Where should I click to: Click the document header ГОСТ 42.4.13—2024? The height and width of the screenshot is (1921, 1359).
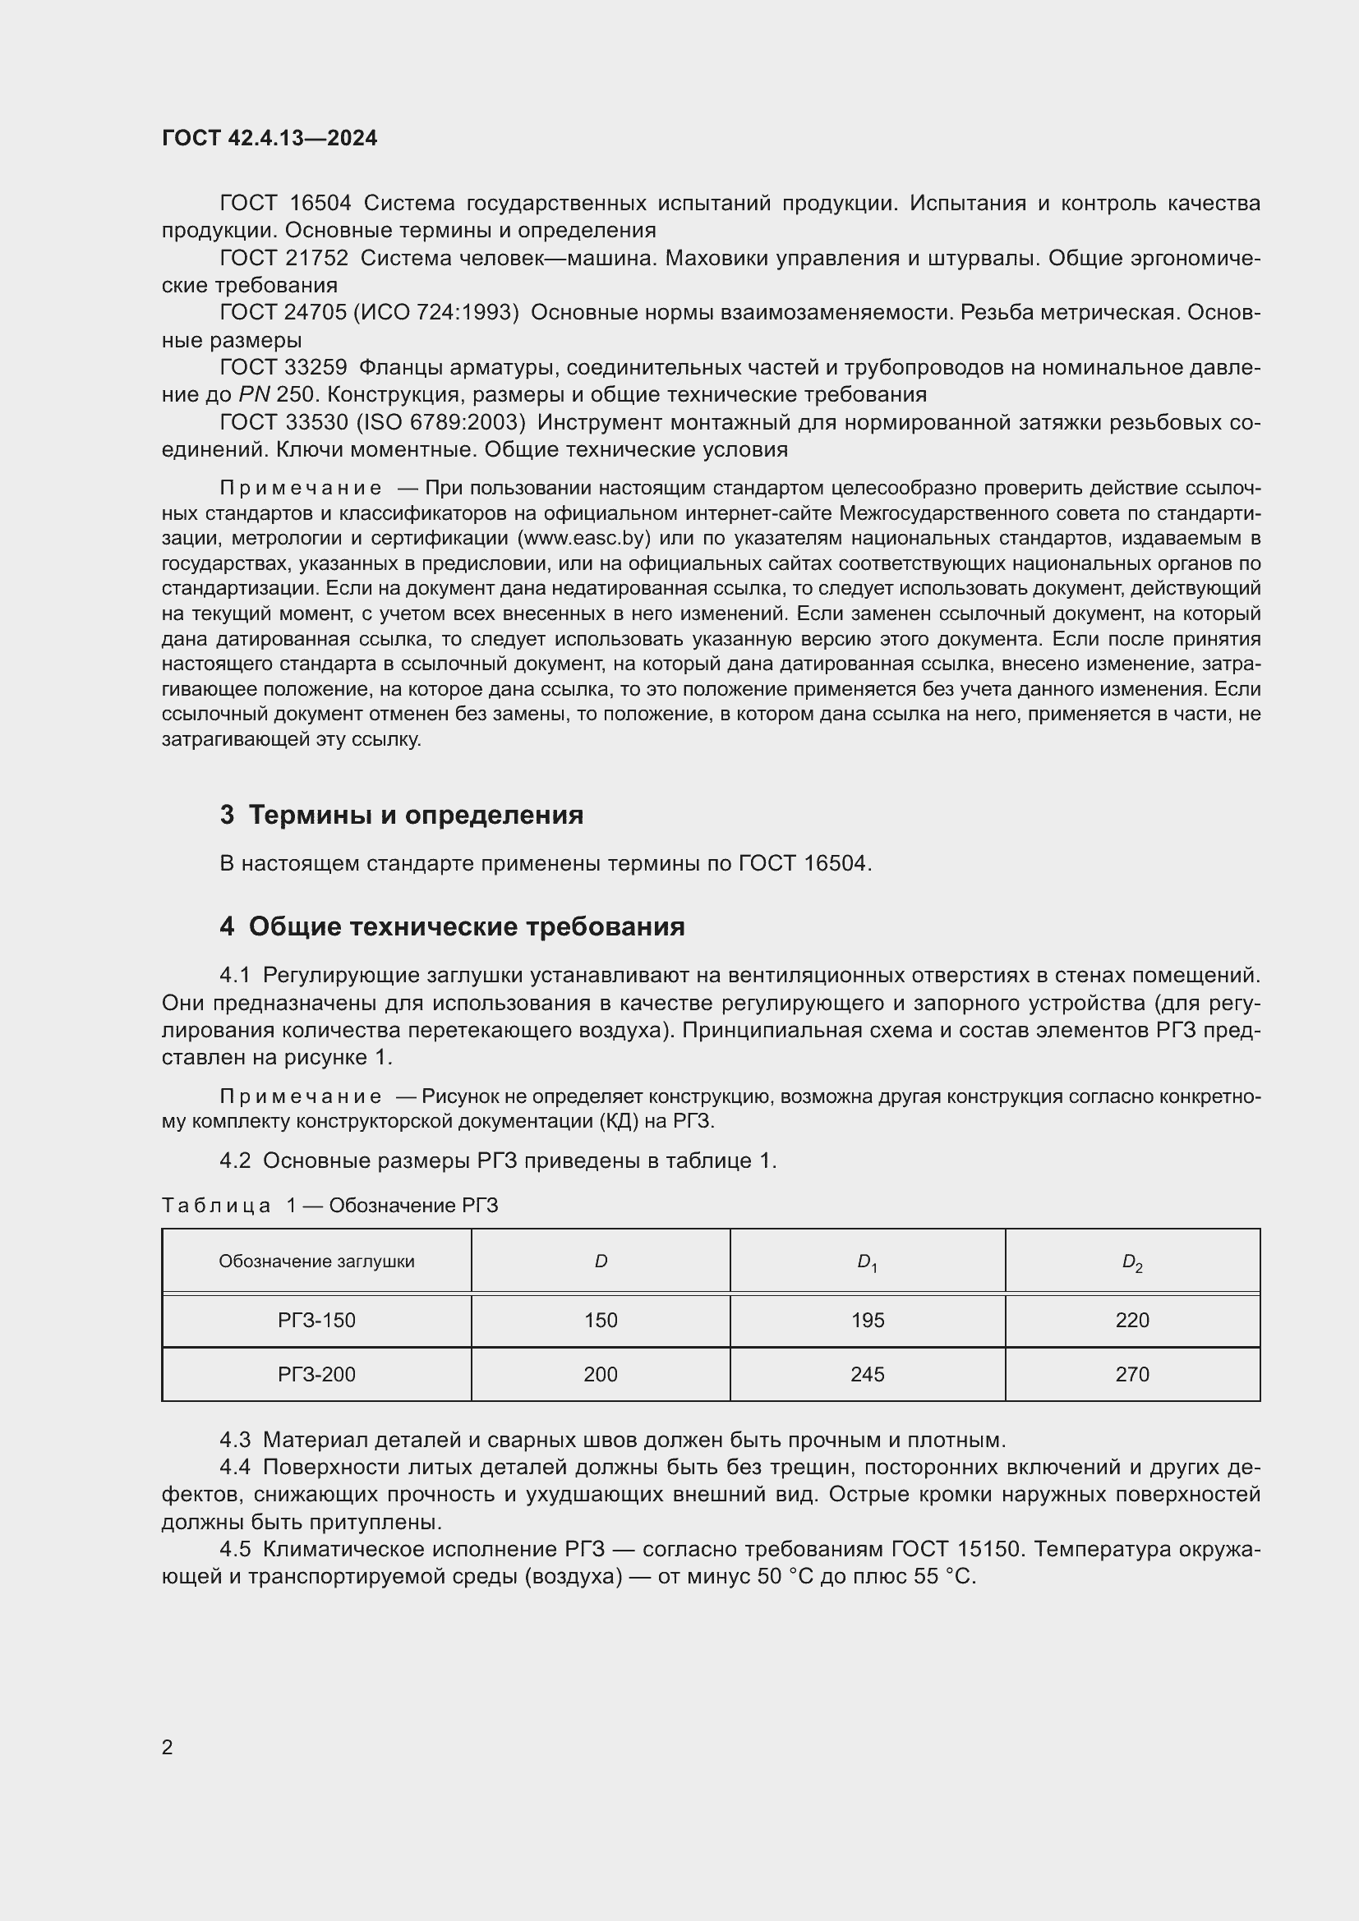pyautogui.click(x=269, y=138)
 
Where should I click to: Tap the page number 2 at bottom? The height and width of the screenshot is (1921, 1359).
pyautogui.click(x=168, y=1747)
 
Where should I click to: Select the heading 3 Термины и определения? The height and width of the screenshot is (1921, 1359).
pyautogui.click(x=402, y=815)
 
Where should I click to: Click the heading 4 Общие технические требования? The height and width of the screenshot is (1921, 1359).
pyautogui.click(x=453, y=926)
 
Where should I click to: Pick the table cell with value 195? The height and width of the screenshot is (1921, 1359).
pyautogui.click(x=867, y=1321)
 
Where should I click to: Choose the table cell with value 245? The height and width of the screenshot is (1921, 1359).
pyautogui.click(x=867, y=1374)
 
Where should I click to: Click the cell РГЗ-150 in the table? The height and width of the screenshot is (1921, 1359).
pyautogui.click(x=316, y=1321)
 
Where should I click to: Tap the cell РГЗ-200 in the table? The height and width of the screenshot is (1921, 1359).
pyautogui.click(x=316, y=1374)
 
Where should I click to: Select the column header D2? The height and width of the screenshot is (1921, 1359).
pyautogui.click(x=1131, y=1262)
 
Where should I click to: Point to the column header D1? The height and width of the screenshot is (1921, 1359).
pyautogui.click(x=867, y=1262)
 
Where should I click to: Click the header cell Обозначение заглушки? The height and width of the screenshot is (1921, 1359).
pyautogui.click(x=316, y=1262)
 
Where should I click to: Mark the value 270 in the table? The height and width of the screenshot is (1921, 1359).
pyautogui.click(x=1131, y=1374)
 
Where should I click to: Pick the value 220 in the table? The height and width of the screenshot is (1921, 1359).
pyautogui.click(x=1131, y=1321)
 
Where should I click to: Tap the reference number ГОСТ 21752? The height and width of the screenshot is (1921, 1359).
pyautogui.click(x=283, y=259)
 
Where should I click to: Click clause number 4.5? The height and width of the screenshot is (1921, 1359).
pyautogui.click(x=235, y=1550)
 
